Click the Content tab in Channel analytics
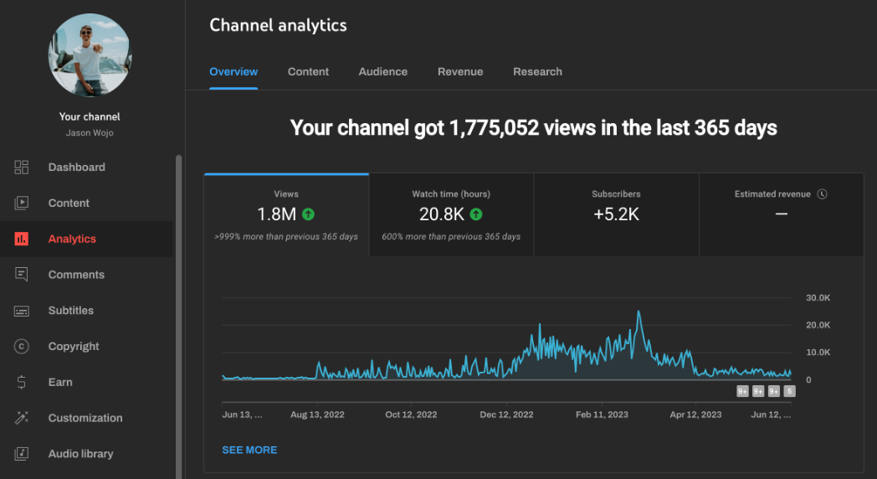click(308, 72)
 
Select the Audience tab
click(382, 72)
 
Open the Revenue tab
click(460, 72)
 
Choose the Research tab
click(537, 72)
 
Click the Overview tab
click(233, 72)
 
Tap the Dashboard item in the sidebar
click(76, 167)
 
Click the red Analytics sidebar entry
click(72, 239)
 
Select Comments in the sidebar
click(76, 275)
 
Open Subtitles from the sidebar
click(70, 311)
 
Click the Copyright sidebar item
click(74, 347)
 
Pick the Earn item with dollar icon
click(60, 383)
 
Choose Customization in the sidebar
click(85, 418)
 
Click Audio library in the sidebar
click(80, 454)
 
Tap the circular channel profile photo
click(90, 54)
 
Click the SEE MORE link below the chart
click(249, 451)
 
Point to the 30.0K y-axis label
click(818, 298)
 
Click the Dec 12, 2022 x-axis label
click(506, 415)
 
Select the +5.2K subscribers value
click(616, 214)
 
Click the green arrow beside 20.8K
click(476, 214)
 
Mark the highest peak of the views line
click(639, 312)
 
